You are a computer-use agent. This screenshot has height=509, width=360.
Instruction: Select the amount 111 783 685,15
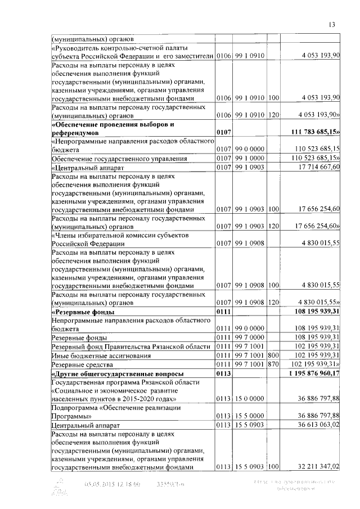coord(315,132)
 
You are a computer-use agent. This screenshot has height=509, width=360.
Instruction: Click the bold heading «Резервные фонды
coord(83,312)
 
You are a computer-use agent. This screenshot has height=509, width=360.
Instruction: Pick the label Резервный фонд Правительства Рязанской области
coord(132,346)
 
